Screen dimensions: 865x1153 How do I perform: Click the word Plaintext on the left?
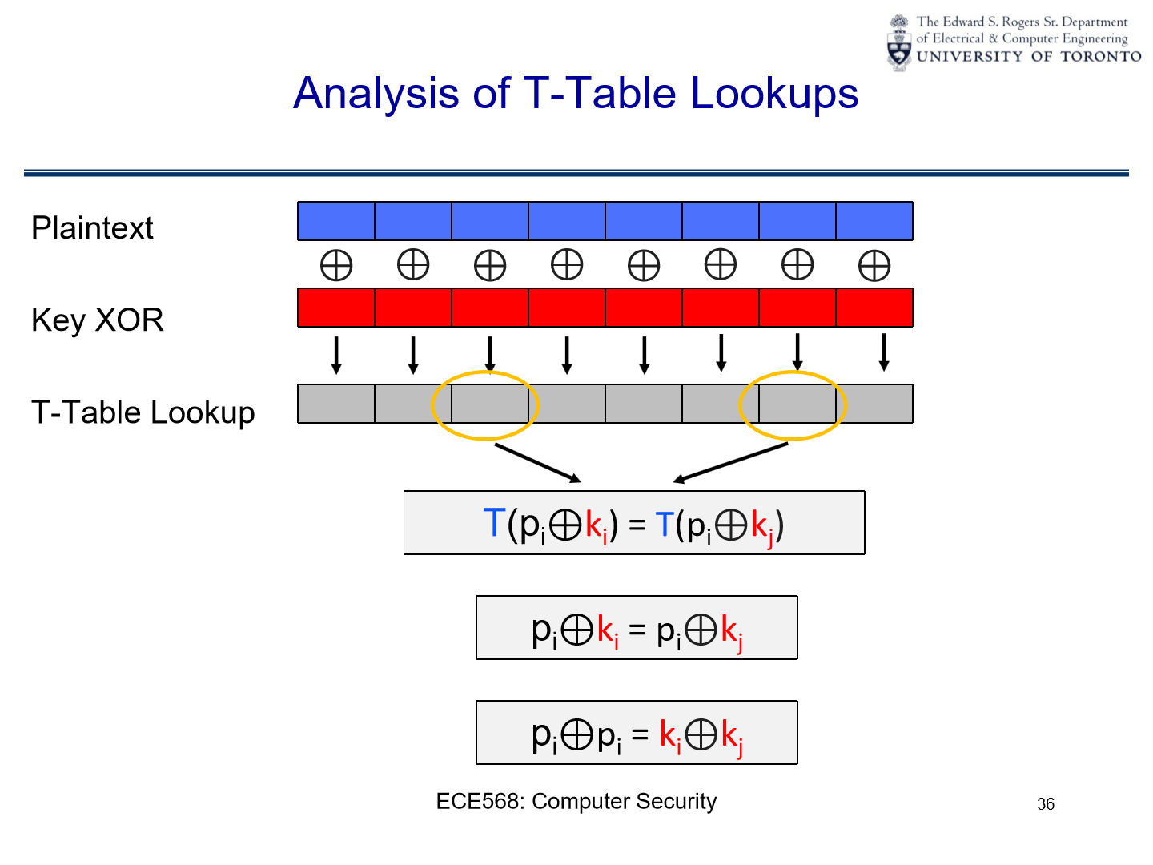pos(92,228)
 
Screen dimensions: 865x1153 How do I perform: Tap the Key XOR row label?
pos(97,320)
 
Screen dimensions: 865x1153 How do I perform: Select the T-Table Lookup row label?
pos(143,412)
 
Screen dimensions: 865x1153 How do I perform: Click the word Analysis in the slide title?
pos(376,94)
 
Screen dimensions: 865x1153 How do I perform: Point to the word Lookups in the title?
pos(774,94)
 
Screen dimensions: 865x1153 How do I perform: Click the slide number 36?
pos(1046,804)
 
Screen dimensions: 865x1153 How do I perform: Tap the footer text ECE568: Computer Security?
pos(576,801)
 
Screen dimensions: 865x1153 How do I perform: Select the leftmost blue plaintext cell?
pos(336,221)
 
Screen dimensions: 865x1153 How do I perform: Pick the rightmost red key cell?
pos(874,308)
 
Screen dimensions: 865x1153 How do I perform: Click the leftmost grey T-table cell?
pos(336,404)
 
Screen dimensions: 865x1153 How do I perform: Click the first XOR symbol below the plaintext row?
pos(336,266)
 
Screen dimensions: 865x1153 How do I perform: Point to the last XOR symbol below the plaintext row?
pos(874,266)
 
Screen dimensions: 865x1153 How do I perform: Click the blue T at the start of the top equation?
pos(494,523)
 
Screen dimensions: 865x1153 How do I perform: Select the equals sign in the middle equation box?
pos(637,630)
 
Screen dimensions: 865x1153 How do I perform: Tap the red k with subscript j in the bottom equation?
pos(731,734)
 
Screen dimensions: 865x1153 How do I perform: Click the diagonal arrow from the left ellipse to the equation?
pos(537,463)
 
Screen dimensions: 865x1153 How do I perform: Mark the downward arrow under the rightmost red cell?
pos(884,352)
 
